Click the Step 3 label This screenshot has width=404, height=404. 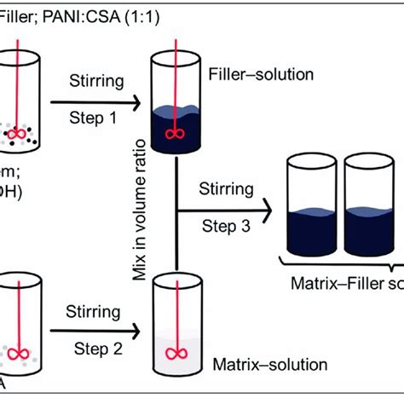(224, 225)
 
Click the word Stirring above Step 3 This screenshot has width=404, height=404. (224, 188)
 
